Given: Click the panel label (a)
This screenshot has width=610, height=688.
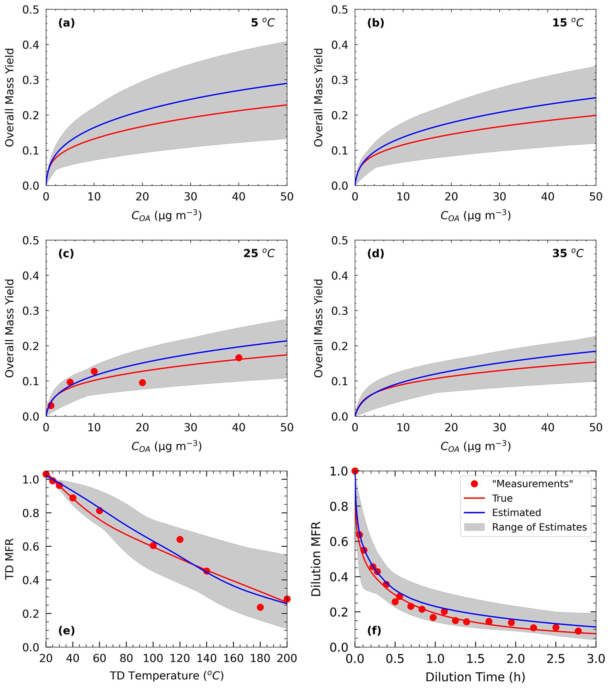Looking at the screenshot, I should tap(66, 23).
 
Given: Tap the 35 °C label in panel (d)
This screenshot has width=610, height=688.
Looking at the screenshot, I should tap(568, 253).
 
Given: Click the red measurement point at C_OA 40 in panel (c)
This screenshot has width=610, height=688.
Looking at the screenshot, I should tap(239, 358).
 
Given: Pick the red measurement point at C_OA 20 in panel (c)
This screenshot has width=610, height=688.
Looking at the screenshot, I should tap(143, 383).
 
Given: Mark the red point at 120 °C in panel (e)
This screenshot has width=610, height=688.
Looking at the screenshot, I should tap(180, 540).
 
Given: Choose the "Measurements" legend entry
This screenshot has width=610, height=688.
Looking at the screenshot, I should tap(532, 484).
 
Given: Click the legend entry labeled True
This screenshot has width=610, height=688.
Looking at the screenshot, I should tap(502, 498).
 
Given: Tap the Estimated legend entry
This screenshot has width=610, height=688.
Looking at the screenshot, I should tap(516, 513).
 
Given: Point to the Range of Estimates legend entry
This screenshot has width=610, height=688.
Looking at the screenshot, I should tap(539, 527).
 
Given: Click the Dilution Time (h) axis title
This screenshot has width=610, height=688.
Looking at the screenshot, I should tap(475, 677).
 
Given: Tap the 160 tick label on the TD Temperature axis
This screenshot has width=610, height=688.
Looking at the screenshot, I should tap(233, 658).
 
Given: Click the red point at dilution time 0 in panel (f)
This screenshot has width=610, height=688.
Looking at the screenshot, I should tap(355, 471).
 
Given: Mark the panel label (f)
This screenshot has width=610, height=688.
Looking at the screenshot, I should tap(374, 630).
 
